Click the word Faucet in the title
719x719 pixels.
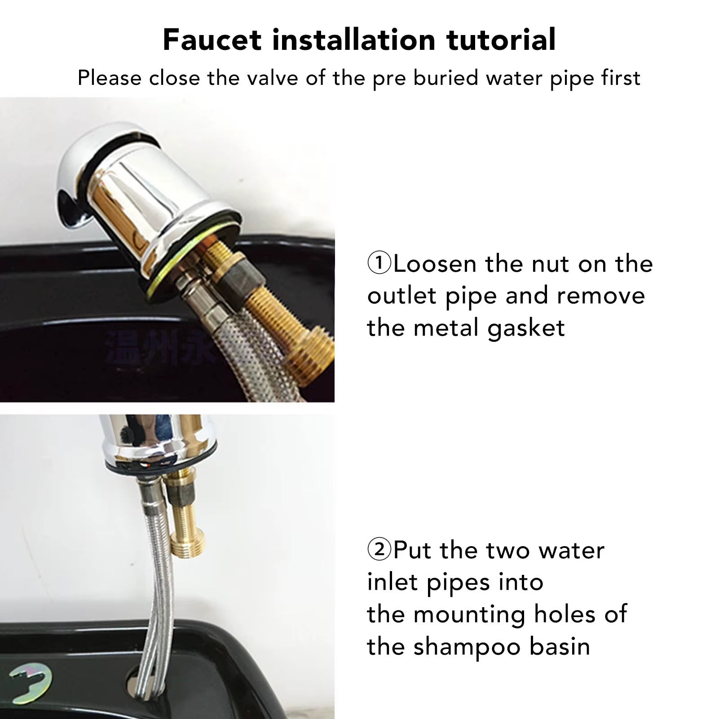pyautogui.click(x=212, y=40)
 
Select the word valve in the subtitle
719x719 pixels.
pyautogui.click(x=273, y=78)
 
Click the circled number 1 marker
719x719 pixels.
pyautogui.click(x=379, y=263)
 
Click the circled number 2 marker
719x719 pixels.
pyautogui.click(x=379, y=549)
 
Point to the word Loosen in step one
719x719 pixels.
pyautogui.click(x=434, y=264)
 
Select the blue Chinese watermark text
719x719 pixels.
pyautogui.click(x=157, y=346)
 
